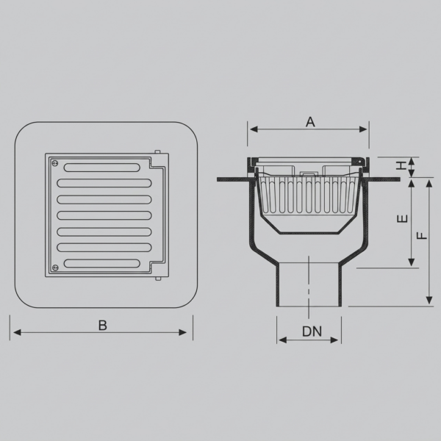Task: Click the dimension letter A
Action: (310, 122)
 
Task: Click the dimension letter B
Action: (103, 326)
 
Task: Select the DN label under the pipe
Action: (312, 331)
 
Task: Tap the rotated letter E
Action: (403, 218)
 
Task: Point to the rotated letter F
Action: (422, 235)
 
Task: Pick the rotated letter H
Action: (401, 165)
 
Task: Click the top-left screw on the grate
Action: (55, 163)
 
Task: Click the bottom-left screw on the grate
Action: (55, 267)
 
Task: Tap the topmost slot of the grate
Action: (102, 168)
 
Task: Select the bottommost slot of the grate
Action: (102, 263)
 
